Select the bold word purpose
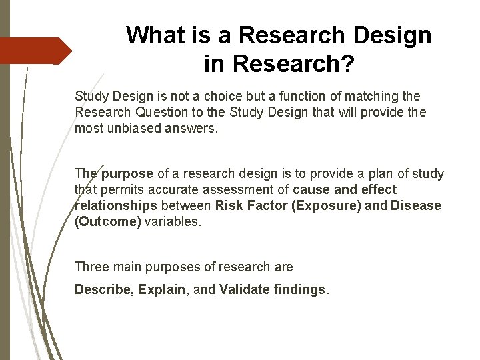(x=127, y=174)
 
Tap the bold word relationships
(x=116, y=206)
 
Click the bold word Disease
(x=417, y=206)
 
